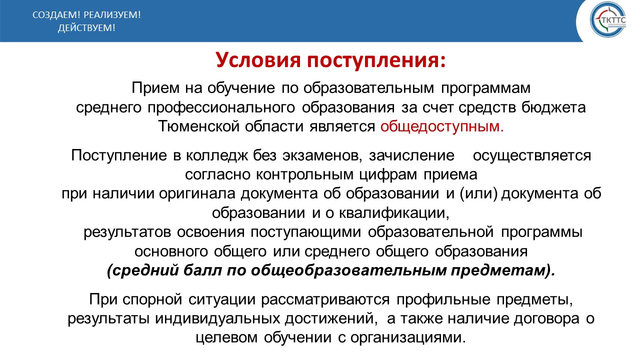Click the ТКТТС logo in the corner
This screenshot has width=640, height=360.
(x=608, y=19)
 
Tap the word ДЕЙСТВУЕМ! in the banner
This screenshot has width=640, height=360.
(x=86, y=28)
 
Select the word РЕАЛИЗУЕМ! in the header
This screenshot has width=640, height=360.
(x=112, y=15)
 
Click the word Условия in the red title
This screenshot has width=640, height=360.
(x=258, y=60)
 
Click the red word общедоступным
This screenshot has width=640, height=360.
(x=441, y=127)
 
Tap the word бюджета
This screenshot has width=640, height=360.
(x=553, y=108)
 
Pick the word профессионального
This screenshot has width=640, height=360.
(x=221, y=108)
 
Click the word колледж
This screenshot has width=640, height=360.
(x=217, y=156)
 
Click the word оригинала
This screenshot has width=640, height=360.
(x=197, y=193)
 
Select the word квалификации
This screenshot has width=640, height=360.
(x=394, y=213)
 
